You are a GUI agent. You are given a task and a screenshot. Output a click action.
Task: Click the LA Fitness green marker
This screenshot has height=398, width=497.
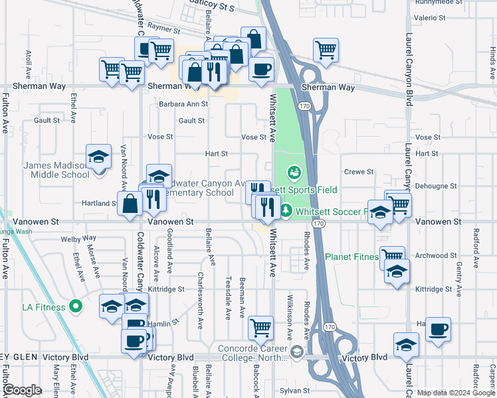pos(76,306)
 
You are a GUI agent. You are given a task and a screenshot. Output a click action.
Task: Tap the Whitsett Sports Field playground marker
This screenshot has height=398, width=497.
pos(294,173)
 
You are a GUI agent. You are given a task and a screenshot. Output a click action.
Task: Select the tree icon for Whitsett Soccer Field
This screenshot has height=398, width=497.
pos(286,211)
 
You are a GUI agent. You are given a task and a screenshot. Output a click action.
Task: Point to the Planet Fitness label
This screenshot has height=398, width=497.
pos(351,257)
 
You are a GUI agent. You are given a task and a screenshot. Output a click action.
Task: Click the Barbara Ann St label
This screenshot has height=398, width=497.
pos(183,104)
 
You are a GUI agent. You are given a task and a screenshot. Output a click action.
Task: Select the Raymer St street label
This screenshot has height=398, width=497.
pos(164,30)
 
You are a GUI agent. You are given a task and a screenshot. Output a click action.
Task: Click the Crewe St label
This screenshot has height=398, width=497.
pos(359,172)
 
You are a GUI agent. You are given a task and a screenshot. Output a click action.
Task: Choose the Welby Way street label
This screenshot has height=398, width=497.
pos(78,238)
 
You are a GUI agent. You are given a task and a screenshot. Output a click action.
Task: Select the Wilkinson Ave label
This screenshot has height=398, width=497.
pos(291,308)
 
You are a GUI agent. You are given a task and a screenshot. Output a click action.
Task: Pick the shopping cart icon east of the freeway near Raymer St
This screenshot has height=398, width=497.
pos(326,48)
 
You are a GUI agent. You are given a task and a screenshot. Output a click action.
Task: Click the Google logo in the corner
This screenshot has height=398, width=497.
pos(22,391)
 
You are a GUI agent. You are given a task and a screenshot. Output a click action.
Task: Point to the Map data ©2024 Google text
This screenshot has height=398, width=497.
pos(456,393)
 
